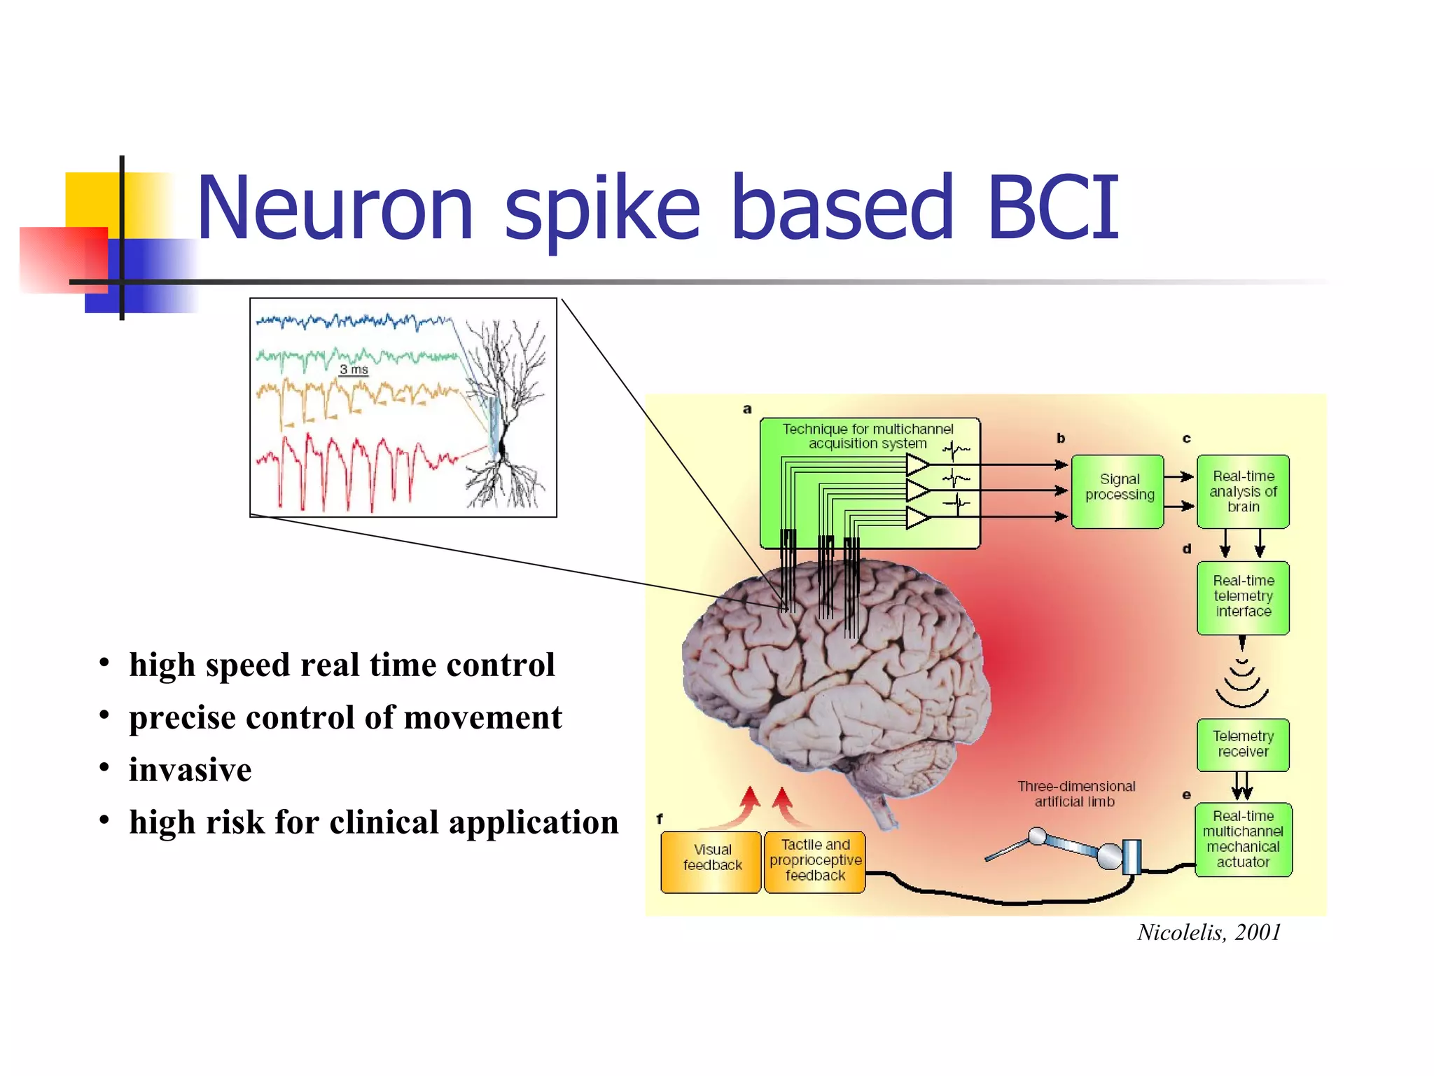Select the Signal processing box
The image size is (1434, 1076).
pyautogui.click(x=1118, y=491)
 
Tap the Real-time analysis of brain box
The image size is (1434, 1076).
pyautogui.click(x=1243, y=491)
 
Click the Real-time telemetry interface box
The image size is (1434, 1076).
pyautogui.click(x=1243, y=597)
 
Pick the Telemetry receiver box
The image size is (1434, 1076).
pyautogui.click(x=1243, y=744)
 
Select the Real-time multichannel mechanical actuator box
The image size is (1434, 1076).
pyautogui.click(x=1243, y=839)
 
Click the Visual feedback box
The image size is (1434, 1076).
pyautogui.click(x=711, y=861)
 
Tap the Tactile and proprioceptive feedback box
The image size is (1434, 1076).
pyautogui.click(x=815, y=861)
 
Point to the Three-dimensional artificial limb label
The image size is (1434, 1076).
pyautogui.click(x=1075, y=794)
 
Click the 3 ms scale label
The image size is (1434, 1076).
pyautogui.click(x=354, y=369)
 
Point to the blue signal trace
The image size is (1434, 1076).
pyautogui.click(x=350, y=322)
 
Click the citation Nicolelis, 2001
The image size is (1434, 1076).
pyautogui.click(x=1209, y=932)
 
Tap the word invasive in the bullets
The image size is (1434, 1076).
pyautogui.click(x=190, y=770)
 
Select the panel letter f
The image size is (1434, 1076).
pyautogui.click(x=659, y=818)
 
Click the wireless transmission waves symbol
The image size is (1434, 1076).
pyautogui.click(x=1242, y=683)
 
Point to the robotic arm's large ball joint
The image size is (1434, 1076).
pyautogui.click(x=1109, y=855)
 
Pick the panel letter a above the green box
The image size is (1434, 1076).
pyautogui.click(x=747, y=409)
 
